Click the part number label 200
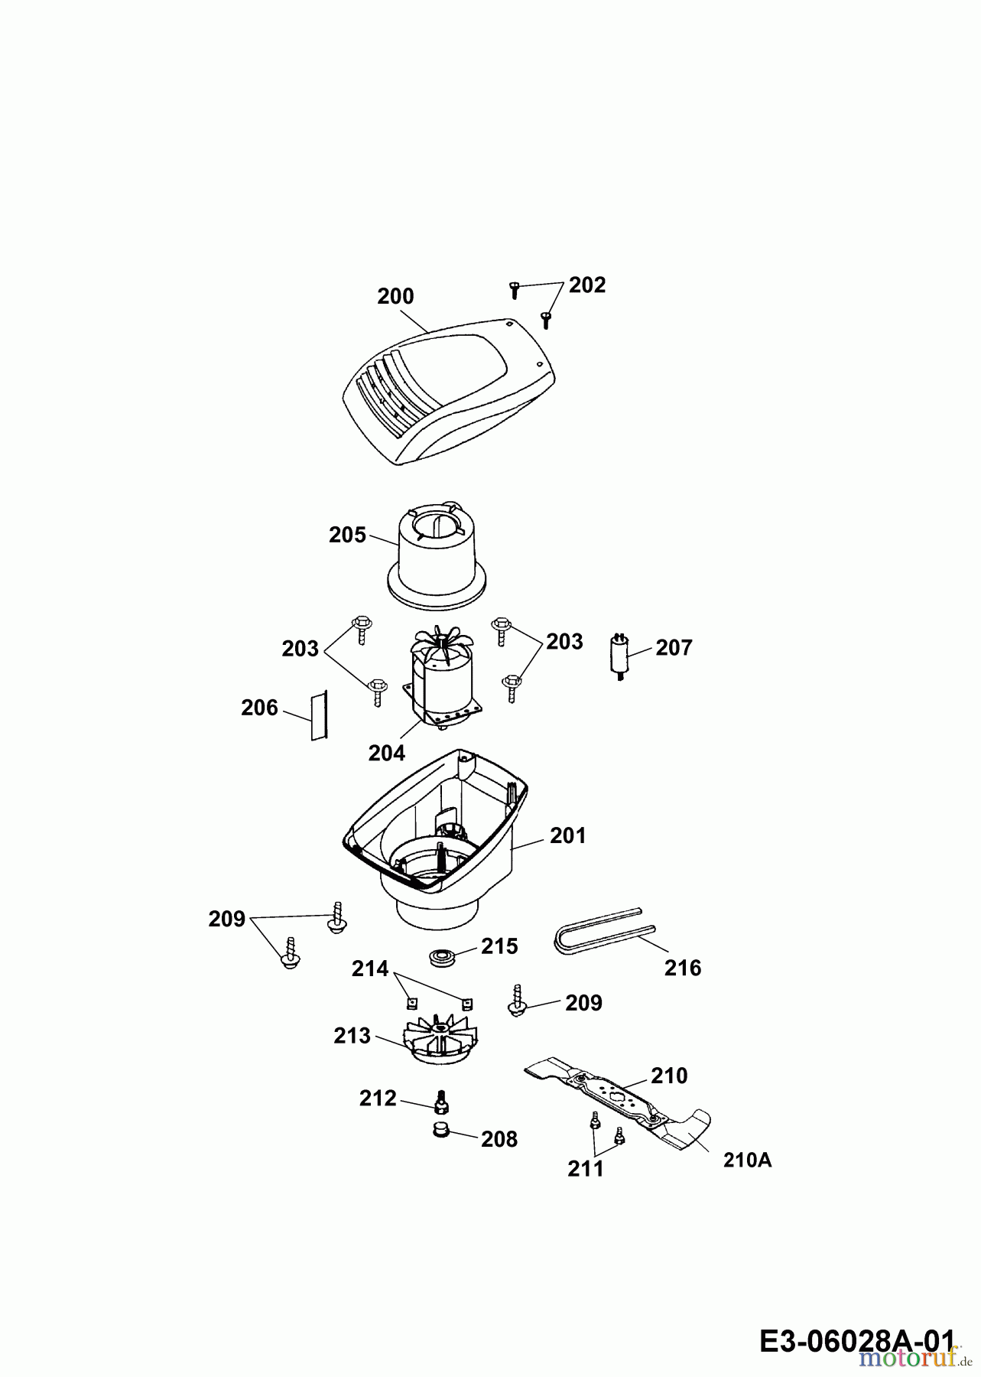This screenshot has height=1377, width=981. pyautogui.click(x=395, y=297)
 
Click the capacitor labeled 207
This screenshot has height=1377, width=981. pyautogui.click(x=621, y=656)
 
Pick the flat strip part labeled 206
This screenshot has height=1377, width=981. pyautogui.click(x=318, y=715)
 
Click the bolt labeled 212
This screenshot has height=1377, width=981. pyautogui.click(x=440, y=1103)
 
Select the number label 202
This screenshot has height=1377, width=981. pyautogui.click(x=587, y=285)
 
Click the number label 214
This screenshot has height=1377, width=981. pyautogui.click(x=370, y=969)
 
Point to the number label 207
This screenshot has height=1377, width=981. pyautogui.click(x=674, y=648)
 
